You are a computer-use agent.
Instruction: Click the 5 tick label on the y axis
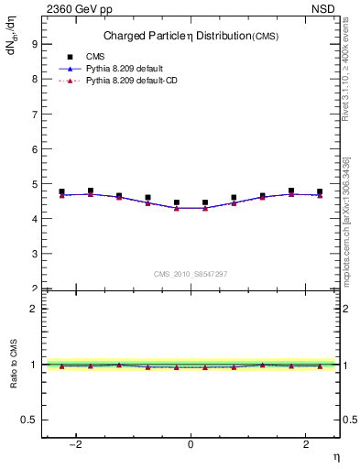(x=34, y=184)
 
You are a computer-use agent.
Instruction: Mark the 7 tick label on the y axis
(x=34, y=114)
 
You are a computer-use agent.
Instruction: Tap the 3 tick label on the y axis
(x=34, y=255)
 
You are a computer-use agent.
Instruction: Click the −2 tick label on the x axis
(x=77, y=445)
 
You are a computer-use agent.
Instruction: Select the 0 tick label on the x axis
(x=191, y=445)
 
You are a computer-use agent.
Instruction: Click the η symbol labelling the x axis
(x=335, y=457)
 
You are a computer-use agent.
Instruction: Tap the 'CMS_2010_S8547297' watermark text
(x=191, y=274)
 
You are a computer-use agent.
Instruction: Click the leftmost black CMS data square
(x=61, y=191)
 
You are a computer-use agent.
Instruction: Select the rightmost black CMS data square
(x=320, y=191)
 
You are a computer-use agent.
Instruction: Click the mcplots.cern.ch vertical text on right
(x=346, y=220)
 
